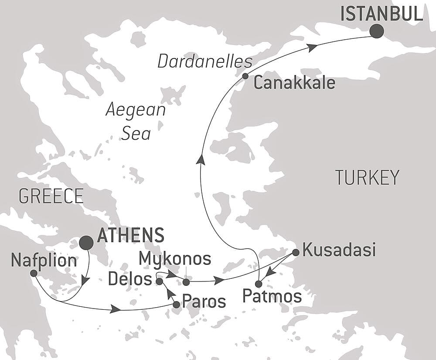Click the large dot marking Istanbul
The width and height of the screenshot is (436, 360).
pyautogui.click(x=376, y=31)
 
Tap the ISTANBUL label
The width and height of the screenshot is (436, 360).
pyautogui.click(x=381, y=14)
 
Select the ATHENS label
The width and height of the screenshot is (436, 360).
pyautogui.click(x=130, y=235)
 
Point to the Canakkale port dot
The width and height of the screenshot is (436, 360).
pyautogui.click(x=245, y=76)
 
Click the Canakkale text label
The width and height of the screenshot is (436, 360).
pyautogui.click(x=294, y=82)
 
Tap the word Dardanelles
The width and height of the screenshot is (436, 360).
pyautogui.click(x=205, y=62)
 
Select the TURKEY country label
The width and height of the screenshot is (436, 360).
pyautogui.click(x=367, y=178)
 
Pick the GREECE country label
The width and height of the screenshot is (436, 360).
pyautogui.click(x=51, y=196)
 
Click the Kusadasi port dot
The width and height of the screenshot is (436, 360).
pyautogui.click(x=295, y=252)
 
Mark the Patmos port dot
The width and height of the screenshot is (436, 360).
pyautogui.click(x=259, y=284)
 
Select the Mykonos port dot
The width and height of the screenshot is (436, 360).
pyautogui.click(x=186, y=281)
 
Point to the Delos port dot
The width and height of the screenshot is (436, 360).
pyautogui.click(x=159, y=281)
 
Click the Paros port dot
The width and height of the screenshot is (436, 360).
pyautogui.click(x=176, y=305)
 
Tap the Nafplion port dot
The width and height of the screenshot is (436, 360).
pyautogui.click(x=33, y=273)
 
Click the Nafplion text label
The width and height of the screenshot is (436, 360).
pyautogui.click(x=44, y=261)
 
